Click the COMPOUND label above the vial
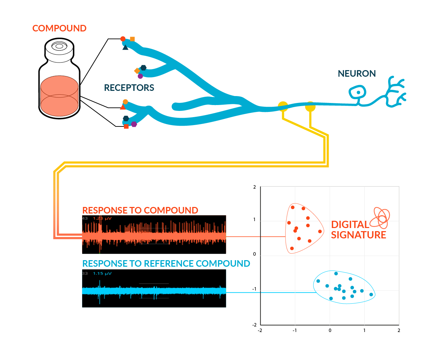[59, 28]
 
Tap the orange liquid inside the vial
[59, 96]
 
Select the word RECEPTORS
[129, 88]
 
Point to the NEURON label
[357, 74]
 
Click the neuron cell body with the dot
[358, 93]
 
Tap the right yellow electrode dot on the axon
[310, 106]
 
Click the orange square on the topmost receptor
[132, 39]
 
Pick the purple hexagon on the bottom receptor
[134, 124]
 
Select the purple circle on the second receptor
[140, 76]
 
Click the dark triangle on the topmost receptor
[125, 47]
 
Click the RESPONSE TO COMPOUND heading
[140, 210]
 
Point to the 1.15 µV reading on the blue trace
[102, 273]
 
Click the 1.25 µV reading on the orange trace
[102, 218]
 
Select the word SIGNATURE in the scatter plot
[358, 235]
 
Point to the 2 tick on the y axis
[255, 187]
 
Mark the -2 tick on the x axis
[260, 330]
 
